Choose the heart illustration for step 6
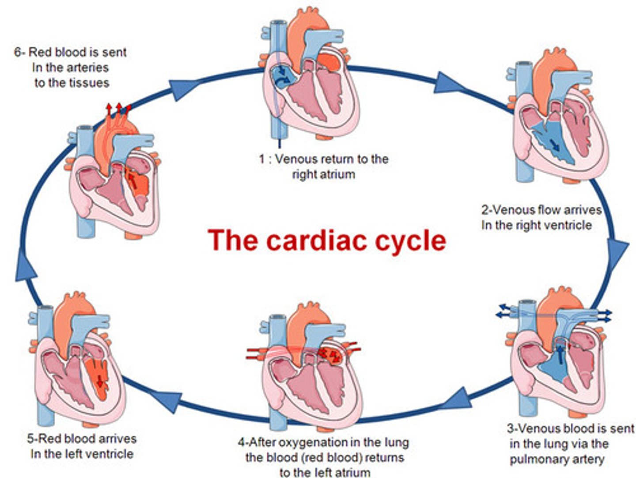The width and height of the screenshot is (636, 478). (115, 177)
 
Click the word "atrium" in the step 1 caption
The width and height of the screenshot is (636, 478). (336, 174)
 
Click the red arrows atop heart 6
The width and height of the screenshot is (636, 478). (118, 109)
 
